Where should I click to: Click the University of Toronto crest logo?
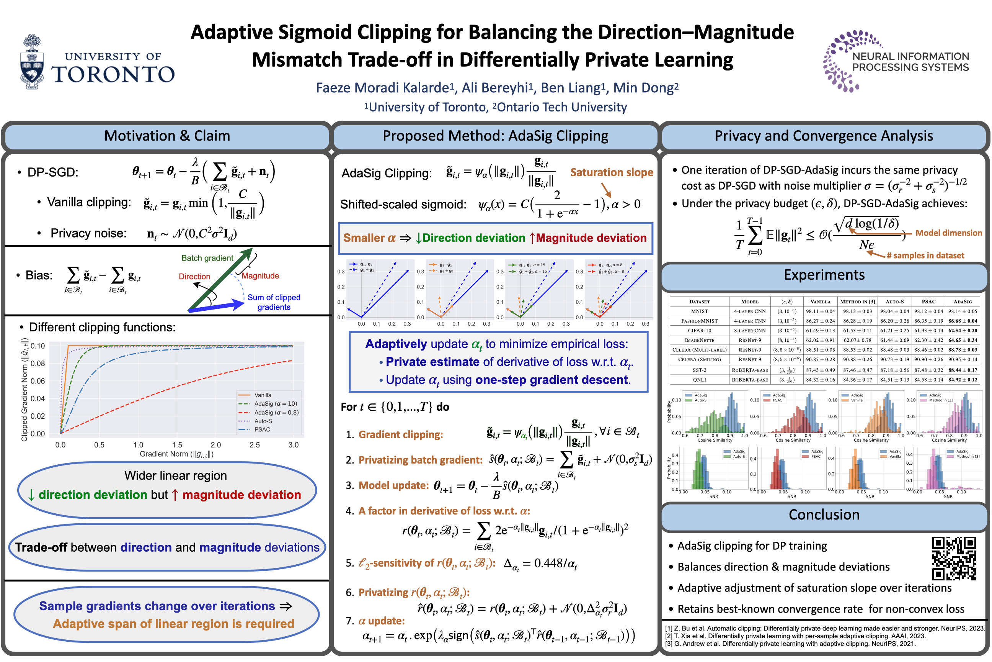pos(33,62)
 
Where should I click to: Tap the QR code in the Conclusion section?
pos(954,559)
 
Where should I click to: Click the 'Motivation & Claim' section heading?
pos(167,136)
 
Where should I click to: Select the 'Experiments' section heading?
pos(824,275)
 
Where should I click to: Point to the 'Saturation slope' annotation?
pos(611,172)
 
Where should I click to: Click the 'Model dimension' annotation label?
pos(948,233)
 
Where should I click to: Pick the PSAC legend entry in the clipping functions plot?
pos(262,430)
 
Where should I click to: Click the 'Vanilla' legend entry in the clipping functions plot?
pos(262,395)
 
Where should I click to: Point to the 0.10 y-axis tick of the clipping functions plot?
pos(38,346)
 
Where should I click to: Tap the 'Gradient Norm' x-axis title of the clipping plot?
pos(177,454)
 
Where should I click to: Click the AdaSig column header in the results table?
pos(963,302)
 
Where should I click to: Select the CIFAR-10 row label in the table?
pos(699,331)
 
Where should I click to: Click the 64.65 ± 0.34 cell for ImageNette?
pos(963,340)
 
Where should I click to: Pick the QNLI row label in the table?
pos(699,380)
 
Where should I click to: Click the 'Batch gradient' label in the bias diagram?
pos(207,258)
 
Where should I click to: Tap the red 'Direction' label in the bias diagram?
pos(194,277)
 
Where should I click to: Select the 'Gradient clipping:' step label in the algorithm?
pos(400,435)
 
